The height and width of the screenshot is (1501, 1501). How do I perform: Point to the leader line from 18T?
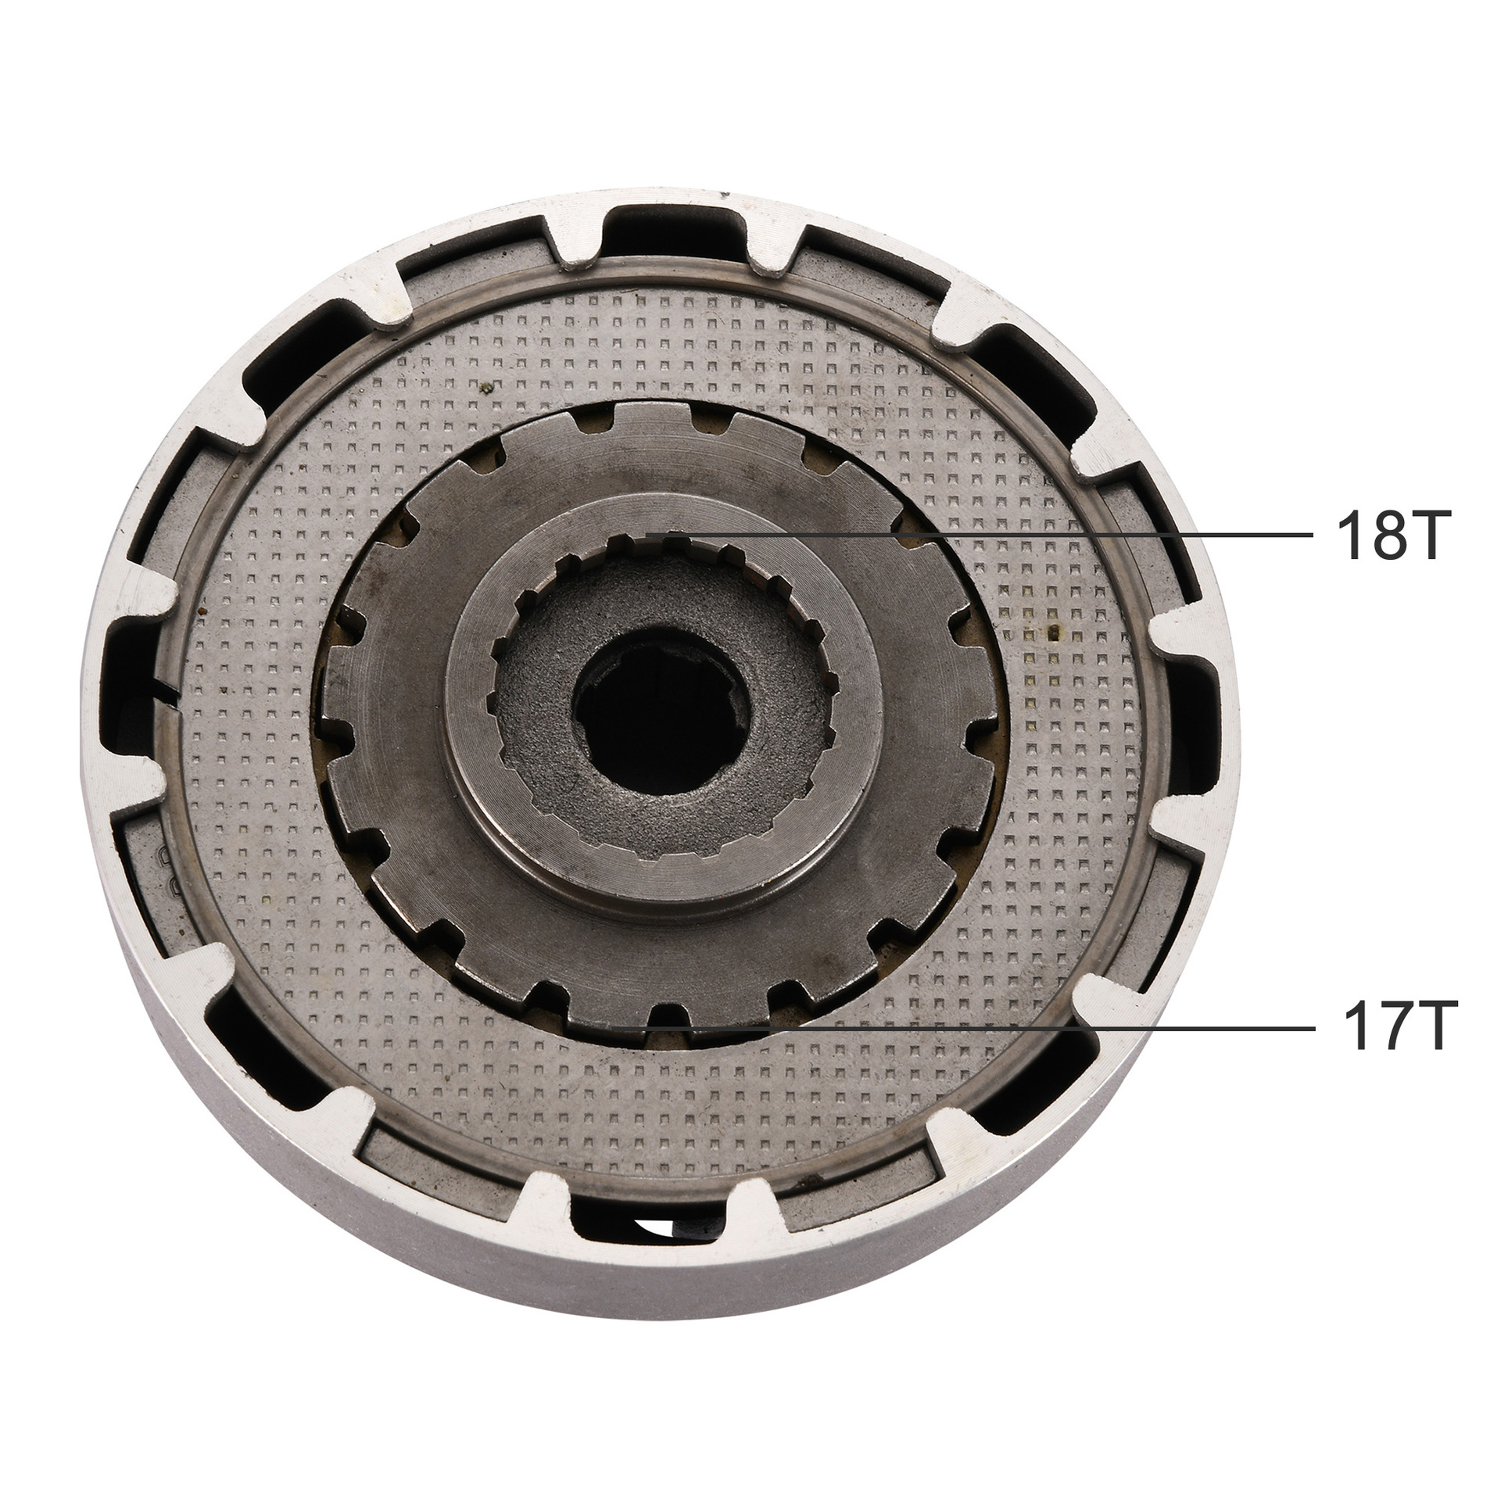pos(1016,535)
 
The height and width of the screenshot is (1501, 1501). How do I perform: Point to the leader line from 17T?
pos(1016,1030)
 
